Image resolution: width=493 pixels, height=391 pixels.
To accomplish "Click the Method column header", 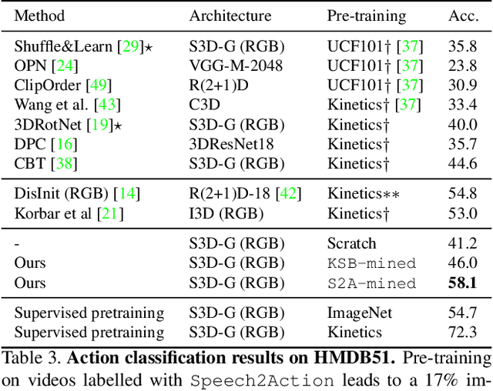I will click(x=39, y=15).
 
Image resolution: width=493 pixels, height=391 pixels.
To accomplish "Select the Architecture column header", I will click(x=230, y=15).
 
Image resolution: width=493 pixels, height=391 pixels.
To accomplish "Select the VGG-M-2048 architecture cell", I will click(x=236, y=65).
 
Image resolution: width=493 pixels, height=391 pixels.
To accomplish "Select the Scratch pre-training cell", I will click(x=352, y=244).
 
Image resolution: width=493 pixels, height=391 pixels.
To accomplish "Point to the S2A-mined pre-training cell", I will click(x=371, y=283).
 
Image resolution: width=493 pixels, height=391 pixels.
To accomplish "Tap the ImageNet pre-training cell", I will click(x=359, y=312).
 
